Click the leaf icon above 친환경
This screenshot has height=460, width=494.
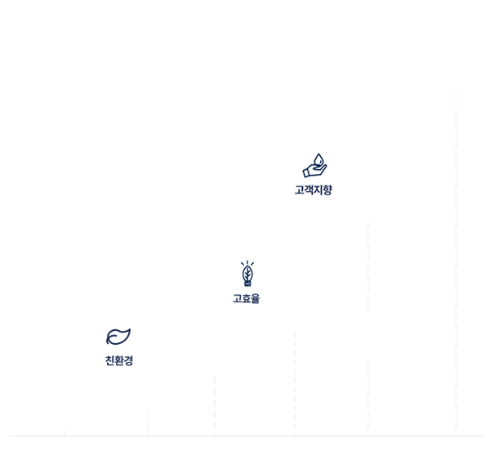tap(118, 337)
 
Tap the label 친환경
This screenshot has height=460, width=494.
tap(119, 360)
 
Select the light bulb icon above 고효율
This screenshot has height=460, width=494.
tap(247, 274)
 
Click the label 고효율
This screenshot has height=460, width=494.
tap(246, 299)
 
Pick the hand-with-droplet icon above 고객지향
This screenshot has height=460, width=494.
tap(314, 166)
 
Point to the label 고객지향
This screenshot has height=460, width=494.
tap(314, 190)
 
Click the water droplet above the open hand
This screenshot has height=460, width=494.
tap(318, 159)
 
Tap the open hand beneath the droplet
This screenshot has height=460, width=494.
tap(313, 171)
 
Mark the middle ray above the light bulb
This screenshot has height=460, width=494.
tap(247, 262)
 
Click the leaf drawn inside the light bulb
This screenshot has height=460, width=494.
tap(247, 273)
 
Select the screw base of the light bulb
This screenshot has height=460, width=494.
tap(247, 283)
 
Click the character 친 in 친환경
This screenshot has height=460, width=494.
tap(110, 360)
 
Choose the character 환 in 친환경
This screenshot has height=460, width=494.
tap(119, 360)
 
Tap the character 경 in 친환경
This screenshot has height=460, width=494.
tap(129, 360)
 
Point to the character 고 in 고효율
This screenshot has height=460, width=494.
tap(237, 299)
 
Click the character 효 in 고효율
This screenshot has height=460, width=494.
tap(246, 299)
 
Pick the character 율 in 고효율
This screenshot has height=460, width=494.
tap(256, 299)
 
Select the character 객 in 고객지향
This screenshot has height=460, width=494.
tap(309, 190)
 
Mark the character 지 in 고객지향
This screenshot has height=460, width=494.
tap(318, 190)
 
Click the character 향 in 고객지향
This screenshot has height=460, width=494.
tap(327, 190)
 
